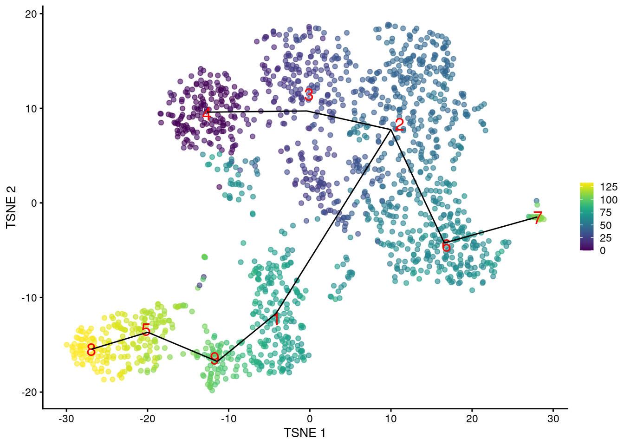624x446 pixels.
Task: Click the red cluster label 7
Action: coord(538,218)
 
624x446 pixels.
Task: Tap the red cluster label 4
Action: coord(206,114)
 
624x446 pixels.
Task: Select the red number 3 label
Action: coord(309,95)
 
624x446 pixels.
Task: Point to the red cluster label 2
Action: coord(399,125)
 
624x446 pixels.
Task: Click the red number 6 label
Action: coord(446,246)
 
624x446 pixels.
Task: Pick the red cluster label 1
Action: coord(276,319)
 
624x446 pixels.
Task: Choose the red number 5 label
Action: coord(146,330)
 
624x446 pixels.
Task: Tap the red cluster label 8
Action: coord(91,350)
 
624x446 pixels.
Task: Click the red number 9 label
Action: coord(214,358)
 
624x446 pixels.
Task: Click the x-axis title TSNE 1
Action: coord(305,433)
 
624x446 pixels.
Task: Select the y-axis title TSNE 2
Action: coord(11,207)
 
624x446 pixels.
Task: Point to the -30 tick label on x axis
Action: coord(66,419)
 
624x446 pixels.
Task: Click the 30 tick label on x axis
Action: coord(553,419)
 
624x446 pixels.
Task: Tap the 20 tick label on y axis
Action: coord(31,14)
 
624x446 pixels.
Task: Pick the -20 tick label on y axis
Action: coord(29,392)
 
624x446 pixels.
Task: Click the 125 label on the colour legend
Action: coord(609,187)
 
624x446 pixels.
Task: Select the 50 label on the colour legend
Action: coord(606,225)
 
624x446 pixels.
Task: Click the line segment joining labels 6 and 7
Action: coord(492,229)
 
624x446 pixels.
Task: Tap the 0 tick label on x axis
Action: coord(310,419)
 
